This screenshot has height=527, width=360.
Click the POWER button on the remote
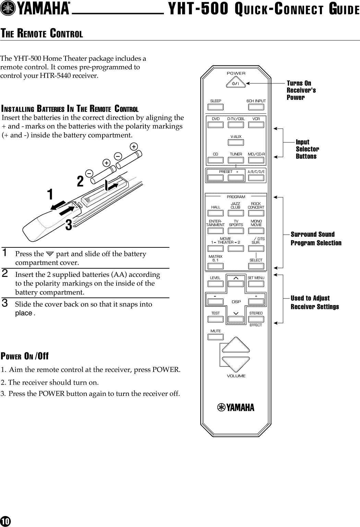pyautogui.click(x=236, y=83)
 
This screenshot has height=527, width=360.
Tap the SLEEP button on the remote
pyautogui.click(x=216, y=107)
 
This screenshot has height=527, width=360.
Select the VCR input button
pyautogui.click(x=256, y=125)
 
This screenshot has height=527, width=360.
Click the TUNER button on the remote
pyautogui.click(x=236, y=160)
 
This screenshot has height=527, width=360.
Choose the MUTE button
pyautogui.click(x=216, y=337)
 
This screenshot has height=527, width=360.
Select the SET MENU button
pyautogui.click(x=256, y=284)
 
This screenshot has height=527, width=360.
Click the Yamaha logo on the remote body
pyautogui.click(x=236, y=408)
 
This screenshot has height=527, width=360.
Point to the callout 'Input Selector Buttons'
pyautogui.click(x=307, y=149)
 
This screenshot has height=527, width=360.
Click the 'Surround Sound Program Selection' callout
pyautogui.click(x=316, y=238)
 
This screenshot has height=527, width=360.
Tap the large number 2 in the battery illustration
pyautogui.click(x=80, y=181)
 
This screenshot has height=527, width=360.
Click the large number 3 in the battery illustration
pyautogui.click(x=69, y=225)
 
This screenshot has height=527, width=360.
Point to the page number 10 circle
pyautogui.click(x=5, y=521)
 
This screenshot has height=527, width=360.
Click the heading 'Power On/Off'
pyautogui.click(x=25, y=356)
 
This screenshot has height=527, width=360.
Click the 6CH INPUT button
pyautogui.click(x=256, y=107)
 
